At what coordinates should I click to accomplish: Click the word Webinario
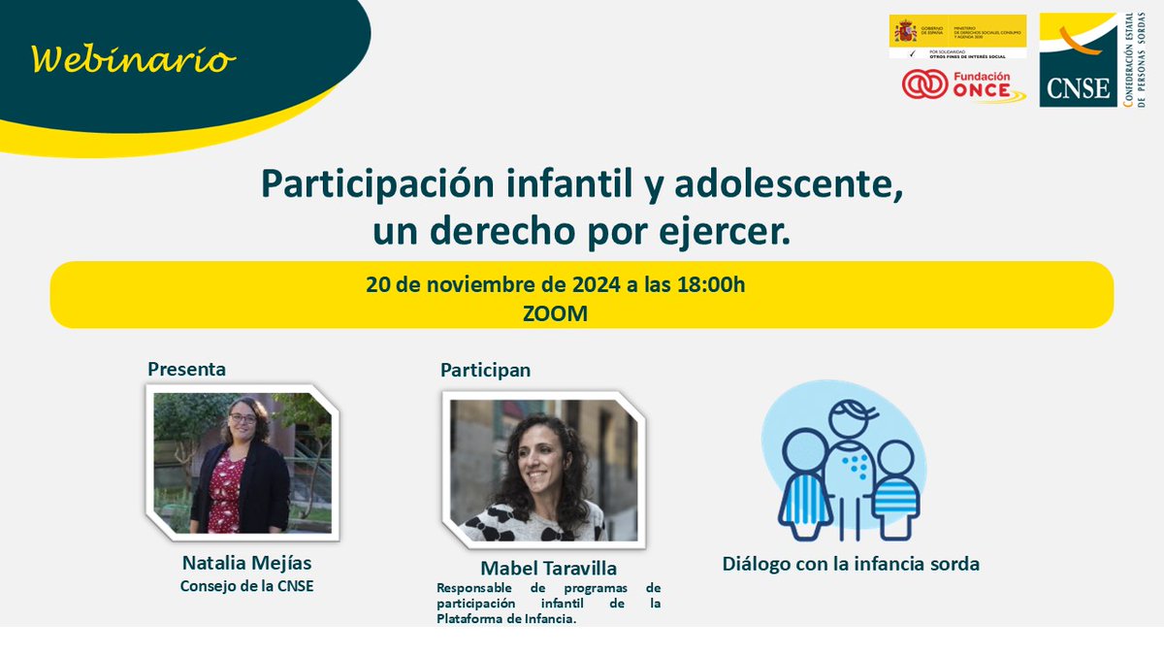click(x=134, y=60)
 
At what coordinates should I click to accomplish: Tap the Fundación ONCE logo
click(x=962, y=85)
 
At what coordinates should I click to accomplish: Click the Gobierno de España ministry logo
click(x=957, y=36)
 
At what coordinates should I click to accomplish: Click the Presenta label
click(x=186, y=369)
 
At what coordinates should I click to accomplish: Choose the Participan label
click(x=485, y=370)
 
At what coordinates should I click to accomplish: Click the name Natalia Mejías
click(x=247, y=563)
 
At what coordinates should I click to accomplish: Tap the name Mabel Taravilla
click(x=550, y=568)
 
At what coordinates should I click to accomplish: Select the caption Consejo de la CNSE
click(x=247, y=585)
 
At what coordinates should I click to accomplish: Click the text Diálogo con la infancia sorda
click(x=850, y=564)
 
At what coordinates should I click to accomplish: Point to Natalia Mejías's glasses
click(x=243, y=418)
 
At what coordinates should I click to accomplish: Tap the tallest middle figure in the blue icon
click(x=852, y=456)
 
